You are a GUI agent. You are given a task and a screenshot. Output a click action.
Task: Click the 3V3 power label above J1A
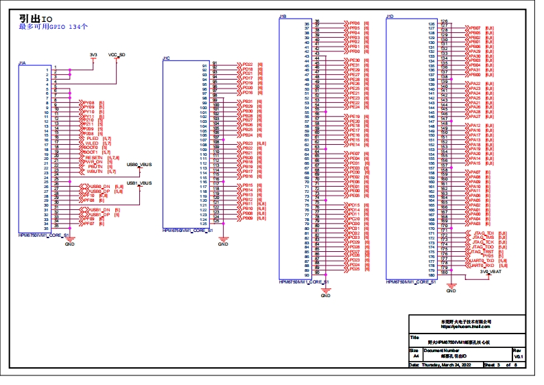tap(93, 54)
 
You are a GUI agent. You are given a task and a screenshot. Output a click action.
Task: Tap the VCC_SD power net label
tap(117, 54)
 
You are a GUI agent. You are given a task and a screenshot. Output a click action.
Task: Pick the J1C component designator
tap(166, 58)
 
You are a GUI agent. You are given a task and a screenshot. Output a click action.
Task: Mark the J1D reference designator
tap(390, 16)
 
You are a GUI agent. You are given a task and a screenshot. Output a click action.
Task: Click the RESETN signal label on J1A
tap(94, 156)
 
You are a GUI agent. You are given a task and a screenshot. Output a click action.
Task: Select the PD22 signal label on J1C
tap(248, 64)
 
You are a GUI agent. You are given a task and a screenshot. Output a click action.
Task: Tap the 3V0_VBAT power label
tap(490, 272)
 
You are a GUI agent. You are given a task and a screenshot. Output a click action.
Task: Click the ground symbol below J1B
tap(326, 291)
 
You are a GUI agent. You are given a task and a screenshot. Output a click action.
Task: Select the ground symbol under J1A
tap(69, 240)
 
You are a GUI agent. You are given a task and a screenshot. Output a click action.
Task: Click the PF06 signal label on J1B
tap(354, 23)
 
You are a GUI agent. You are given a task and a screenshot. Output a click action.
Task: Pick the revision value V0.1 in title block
tap(519, 357)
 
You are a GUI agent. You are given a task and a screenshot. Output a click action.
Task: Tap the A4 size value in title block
tap(415, 357)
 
